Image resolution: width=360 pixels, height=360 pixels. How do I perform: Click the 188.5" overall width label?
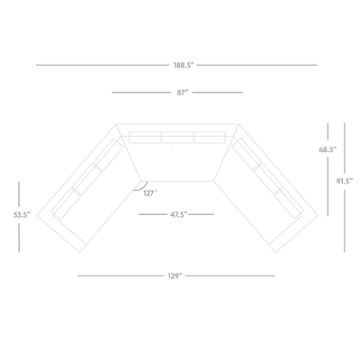click(x=184, y=65)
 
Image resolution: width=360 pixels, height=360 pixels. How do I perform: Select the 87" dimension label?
click(x=183, y=93)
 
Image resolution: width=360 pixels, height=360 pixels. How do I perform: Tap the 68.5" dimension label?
click(x=328, y=149)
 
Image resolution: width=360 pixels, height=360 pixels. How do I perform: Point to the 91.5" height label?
click(x=344, y=181)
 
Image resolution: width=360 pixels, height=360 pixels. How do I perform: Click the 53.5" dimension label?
click(x=22, y=215)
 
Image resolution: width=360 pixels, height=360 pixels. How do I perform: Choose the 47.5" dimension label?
click(x=179, y=214)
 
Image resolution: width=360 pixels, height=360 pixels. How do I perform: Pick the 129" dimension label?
click(x=175, y=275)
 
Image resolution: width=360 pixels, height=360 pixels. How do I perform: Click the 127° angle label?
click(x=150, y=193)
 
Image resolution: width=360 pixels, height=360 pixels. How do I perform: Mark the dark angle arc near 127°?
click(x=143, y=188)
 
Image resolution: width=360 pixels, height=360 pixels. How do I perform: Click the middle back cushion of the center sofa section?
click(x=177, y=138)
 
